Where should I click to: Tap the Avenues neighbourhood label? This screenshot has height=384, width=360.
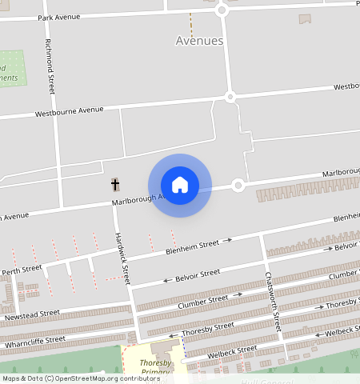199,41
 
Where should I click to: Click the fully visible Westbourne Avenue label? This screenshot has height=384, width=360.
70,111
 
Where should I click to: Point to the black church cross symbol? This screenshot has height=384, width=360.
114,185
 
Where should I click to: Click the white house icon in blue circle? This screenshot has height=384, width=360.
180,185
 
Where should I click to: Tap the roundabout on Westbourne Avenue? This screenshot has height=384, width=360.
230,97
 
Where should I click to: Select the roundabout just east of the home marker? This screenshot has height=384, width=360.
238,186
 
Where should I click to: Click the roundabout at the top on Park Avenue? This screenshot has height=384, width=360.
222,10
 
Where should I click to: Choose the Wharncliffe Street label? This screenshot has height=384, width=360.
34,341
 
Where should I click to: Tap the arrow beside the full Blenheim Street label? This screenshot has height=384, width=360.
227,239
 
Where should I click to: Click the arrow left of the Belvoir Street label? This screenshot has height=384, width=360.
167,280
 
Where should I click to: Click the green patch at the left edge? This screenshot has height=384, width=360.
11,69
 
